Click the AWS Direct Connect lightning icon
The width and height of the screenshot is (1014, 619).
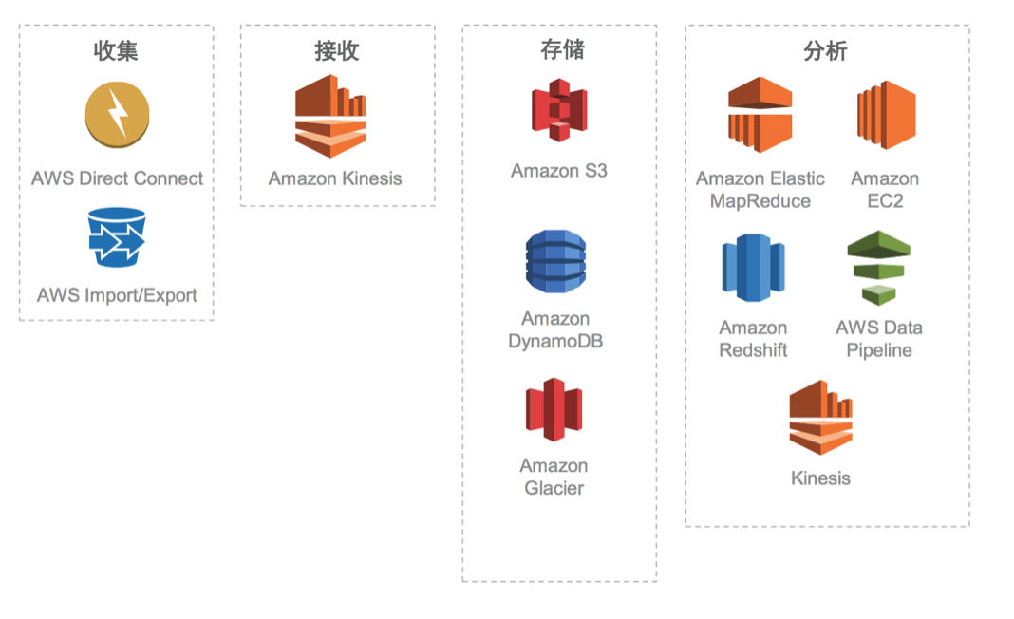pos(117,115)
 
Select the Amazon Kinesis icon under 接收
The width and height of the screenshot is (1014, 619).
pos(329,116)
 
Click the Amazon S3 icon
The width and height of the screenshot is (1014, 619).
pos(558,110)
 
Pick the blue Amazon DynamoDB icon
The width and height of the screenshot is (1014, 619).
pos(555,261)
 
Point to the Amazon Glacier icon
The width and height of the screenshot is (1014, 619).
pos(554,409)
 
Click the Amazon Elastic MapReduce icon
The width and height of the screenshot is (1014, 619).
pos(760,116)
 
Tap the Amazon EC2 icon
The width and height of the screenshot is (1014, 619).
pos(885,116)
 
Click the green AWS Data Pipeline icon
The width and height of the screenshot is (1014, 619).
pos(878,267)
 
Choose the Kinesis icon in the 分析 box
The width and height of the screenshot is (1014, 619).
pos(820,418)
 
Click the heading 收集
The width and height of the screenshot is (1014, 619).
pos(116,50)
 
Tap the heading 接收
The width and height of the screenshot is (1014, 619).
pos(337,50)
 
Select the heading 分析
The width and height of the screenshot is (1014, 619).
pos(825,51)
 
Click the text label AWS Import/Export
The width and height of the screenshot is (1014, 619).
pos(117,295)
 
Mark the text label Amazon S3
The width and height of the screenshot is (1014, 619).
pos(558,171)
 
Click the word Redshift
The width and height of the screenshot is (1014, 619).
pos(753,350)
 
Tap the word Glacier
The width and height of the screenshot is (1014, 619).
pos(554,488)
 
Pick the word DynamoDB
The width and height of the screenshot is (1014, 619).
pos(555,341)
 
